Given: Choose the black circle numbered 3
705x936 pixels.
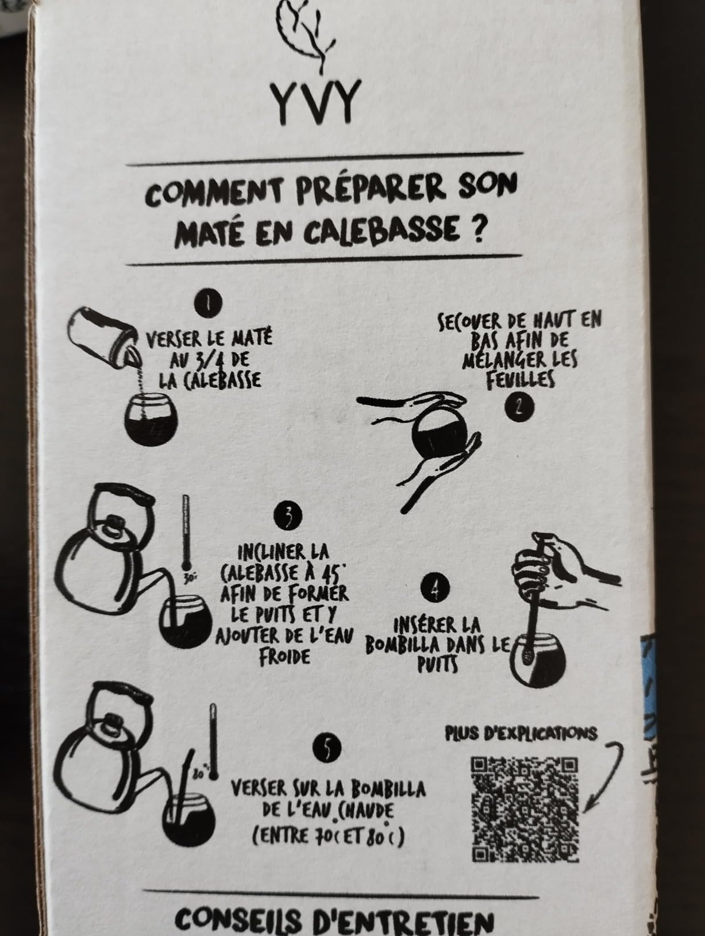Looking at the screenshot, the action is (x=288, y=516).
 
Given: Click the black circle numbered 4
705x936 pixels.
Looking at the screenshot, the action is (x=434, y=588).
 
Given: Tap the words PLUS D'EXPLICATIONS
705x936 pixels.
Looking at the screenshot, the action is (x=521, y=733).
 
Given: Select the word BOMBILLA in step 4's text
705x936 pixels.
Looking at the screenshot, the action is (x=402, y=647).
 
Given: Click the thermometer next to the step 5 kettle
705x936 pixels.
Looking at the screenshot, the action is (x=213, y=742).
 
